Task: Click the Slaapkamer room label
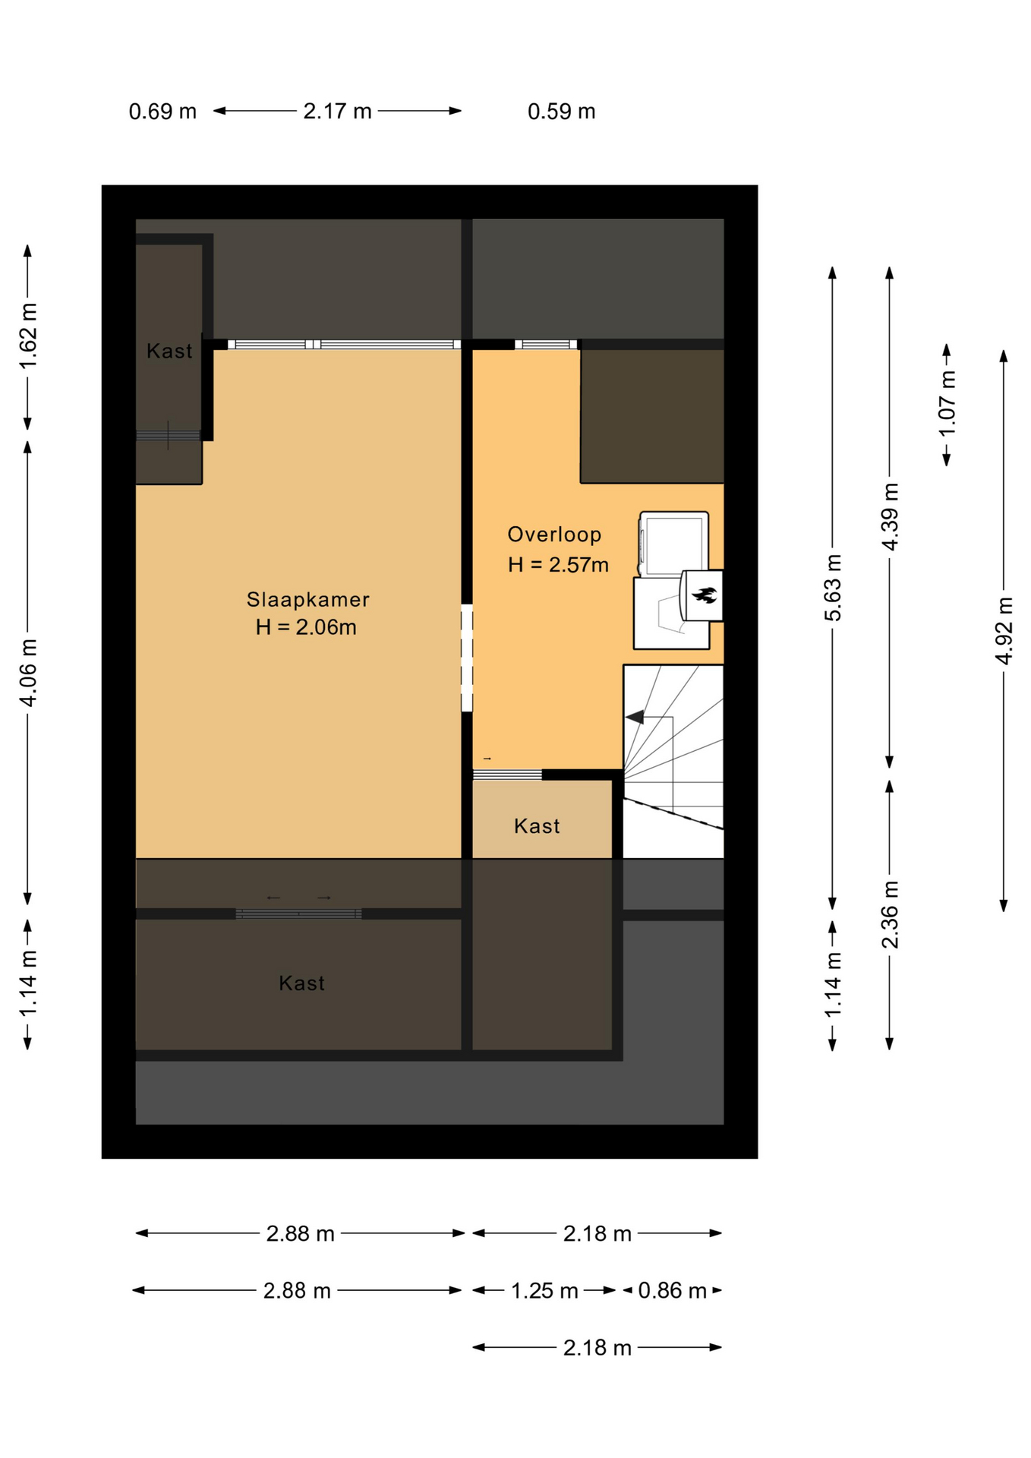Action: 307,599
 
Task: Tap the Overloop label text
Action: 554,535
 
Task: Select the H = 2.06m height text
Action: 306,627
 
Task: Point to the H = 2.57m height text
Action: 558,565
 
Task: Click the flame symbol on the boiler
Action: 705,595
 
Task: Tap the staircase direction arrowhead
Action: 634,717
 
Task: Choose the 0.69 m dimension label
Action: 162,112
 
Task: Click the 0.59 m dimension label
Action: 561,112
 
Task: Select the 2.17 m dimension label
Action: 337,112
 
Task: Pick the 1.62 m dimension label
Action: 28,336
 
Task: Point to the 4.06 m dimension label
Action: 28,673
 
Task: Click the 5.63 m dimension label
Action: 833,588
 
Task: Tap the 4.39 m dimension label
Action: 890,516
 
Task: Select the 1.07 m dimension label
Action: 947,404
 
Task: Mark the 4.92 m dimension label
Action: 1004,631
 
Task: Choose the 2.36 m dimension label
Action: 890,915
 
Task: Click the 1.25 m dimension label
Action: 544,1291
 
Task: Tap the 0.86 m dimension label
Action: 672,1291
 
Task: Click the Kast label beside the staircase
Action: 537,826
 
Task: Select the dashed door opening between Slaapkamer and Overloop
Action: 467,658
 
